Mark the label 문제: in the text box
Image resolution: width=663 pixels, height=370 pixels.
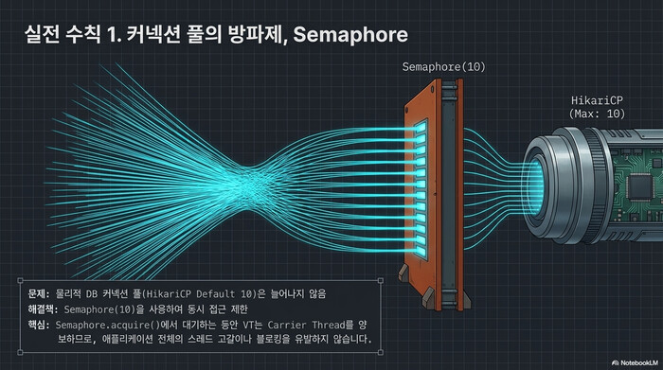coord(41,293)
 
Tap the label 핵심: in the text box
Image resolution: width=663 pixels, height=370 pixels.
coord(41,325)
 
